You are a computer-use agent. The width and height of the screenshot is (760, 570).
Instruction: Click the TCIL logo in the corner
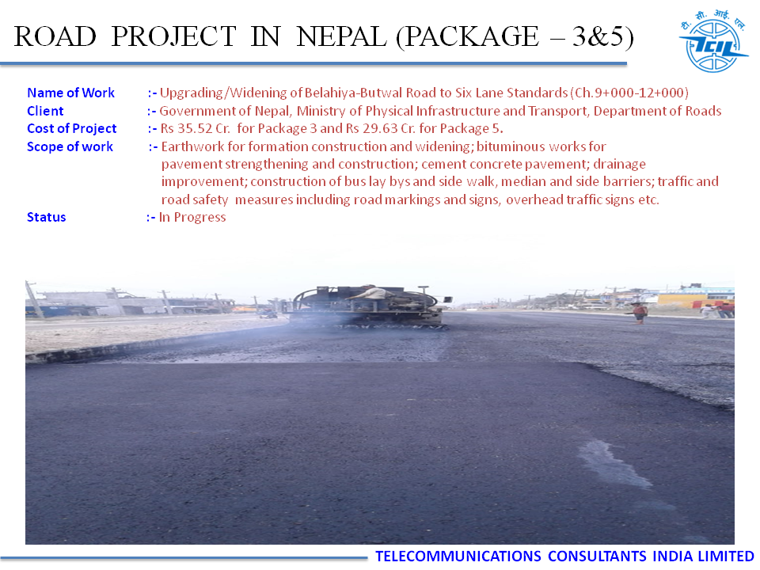click(712, 42)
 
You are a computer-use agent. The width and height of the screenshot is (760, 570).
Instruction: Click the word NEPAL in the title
click(341, 37)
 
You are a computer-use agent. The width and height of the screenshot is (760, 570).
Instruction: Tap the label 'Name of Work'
click(70, 93)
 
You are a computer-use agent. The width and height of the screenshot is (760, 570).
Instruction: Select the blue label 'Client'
click(45, 111)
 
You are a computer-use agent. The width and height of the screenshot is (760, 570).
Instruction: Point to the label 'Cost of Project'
click(72, 128)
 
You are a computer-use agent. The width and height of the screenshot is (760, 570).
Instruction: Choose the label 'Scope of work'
click(70, 146)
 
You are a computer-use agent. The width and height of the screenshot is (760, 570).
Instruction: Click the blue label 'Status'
click(47, 217)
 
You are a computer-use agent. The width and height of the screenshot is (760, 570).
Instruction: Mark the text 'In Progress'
click(192, 217)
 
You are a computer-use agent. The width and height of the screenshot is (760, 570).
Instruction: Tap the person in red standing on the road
click(640, 313)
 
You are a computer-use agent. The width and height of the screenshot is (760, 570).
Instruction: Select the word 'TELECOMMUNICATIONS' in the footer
click(458, 556)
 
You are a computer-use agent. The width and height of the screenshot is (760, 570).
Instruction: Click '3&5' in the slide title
click(598, 37)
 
